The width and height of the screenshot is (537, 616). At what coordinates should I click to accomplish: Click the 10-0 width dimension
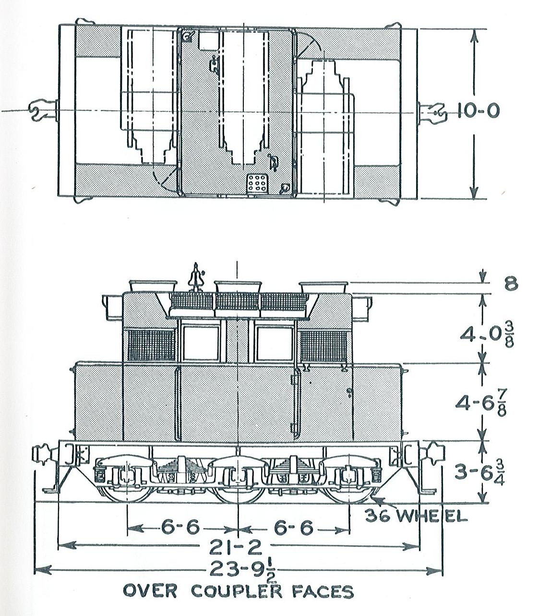pos(478,111)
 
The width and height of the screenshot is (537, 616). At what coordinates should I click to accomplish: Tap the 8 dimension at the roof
pos(511,283)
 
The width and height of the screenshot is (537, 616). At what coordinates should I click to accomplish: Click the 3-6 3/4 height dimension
pos(479,472)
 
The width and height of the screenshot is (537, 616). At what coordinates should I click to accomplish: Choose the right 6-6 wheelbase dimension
pos(294,528)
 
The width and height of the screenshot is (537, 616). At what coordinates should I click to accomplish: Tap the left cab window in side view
pos(201,343)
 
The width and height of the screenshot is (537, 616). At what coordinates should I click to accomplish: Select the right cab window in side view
pos(274,343)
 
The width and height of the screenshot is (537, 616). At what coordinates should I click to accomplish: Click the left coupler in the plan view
pos(43,110)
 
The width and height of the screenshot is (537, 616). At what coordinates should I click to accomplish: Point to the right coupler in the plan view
pos(432,113)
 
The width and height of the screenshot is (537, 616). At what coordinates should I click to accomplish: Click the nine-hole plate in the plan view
pos(257,184)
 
